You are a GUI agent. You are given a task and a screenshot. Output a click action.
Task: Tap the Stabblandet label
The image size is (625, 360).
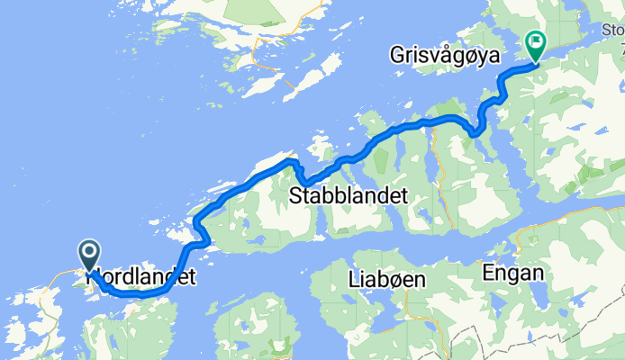pyautogui.click(x=349, y=196)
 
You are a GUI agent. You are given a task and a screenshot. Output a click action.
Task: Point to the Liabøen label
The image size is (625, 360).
pyautogui.click(x=385, y=281)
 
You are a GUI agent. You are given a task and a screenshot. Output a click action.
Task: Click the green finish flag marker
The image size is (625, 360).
pyautogui.click(x=536, y=42)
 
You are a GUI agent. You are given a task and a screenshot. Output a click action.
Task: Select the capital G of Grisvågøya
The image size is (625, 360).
pyautogui.click(x=399, y=56)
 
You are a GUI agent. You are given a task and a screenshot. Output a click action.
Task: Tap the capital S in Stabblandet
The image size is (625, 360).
pyautogui.click(x=296, y=196)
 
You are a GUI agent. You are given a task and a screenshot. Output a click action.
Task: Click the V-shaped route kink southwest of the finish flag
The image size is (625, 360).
pyautogui.click(x=475, y=134)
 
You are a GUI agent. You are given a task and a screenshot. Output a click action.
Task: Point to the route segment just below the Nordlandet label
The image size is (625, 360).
pyautogui.click(x=135, y=293)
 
